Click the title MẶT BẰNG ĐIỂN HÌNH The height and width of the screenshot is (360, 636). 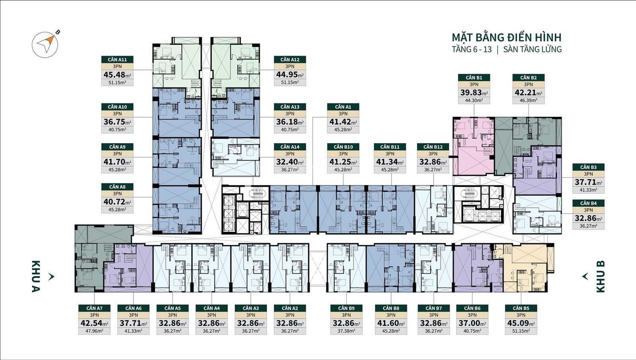506,37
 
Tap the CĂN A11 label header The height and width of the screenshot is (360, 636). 117,60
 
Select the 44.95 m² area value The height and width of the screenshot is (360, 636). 290,75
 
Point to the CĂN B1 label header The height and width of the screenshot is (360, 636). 474,77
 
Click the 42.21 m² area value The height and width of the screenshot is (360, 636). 528,93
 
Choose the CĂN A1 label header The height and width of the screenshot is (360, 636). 343,107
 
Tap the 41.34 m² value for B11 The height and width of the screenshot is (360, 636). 390,162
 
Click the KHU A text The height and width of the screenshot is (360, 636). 36,276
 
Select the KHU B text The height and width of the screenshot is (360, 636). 601,276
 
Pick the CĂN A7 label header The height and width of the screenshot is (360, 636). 94,308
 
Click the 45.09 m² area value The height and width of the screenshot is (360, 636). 521,323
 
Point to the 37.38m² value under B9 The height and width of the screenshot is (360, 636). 346,331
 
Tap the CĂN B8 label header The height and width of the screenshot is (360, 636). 391,308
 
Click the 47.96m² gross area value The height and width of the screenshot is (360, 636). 94,331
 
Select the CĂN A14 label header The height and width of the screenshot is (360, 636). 290,147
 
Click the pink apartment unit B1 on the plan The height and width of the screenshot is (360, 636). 473,146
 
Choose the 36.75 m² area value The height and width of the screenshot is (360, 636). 117,122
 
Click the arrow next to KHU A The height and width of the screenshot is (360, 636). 51,277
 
